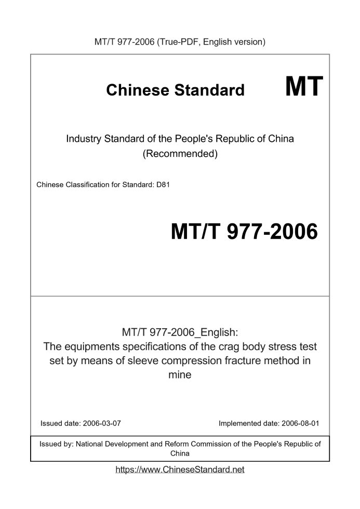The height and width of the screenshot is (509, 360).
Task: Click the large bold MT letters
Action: coord(304,87)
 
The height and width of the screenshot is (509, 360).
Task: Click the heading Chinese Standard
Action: coord(175,90)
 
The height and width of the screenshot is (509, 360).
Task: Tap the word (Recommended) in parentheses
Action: coord(180,154)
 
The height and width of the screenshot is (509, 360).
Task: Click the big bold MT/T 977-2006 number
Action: coord(244,232)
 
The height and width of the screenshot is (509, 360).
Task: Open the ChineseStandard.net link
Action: coord(180,470)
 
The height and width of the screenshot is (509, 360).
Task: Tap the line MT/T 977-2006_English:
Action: coord(180,332)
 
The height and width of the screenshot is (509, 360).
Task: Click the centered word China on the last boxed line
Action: coord(180,453)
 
